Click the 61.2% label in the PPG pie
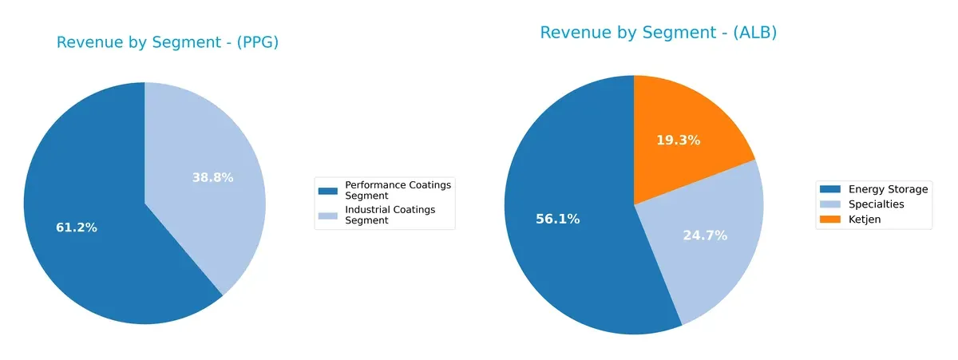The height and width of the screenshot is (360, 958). point(77,227)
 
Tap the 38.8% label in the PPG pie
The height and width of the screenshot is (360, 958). point(212,177)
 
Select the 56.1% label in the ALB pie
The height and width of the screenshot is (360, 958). point(557,219)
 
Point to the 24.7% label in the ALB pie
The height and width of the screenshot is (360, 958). point(705,235)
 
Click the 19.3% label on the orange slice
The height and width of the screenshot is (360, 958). point(678,140)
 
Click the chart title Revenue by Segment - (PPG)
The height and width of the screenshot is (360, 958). point(168,43)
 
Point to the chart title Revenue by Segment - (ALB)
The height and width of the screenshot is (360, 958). point(658,33)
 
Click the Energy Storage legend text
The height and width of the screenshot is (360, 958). point(888,189)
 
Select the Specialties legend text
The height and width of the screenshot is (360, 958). point(877,204)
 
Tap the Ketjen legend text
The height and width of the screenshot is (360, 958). point(865,220)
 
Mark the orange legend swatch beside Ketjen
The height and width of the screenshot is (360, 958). point(829,220)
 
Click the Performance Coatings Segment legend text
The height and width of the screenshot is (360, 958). point(398,189)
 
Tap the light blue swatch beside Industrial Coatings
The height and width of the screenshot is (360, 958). point(328,216)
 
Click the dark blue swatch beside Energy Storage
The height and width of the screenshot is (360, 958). point(829,189)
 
